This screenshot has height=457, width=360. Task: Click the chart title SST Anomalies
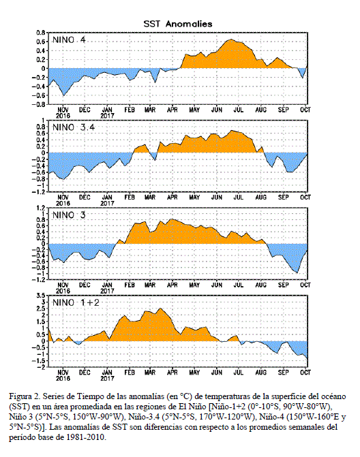pos(178,24)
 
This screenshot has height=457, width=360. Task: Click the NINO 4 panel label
pos(69,40)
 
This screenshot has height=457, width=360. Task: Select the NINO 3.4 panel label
pos(74,127)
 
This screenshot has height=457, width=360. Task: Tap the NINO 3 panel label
pos(69,215)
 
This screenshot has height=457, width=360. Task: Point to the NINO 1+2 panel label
pos(76,302)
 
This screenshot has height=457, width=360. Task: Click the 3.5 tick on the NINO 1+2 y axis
pos(41,295)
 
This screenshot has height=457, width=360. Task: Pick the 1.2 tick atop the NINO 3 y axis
pos(41,208)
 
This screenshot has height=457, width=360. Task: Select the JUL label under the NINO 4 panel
pos(239,110)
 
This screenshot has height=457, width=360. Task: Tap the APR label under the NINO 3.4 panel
pos(172,198)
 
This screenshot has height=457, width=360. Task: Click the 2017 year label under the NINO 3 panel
pos(107,291)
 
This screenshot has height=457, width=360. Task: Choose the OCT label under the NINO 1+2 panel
pos(305,373)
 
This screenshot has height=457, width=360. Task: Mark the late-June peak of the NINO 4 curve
pos(231,39)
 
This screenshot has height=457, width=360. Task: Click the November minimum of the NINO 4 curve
pos(63,95)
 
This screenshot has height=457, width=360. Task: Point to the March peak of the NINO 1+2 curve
pos(160,308)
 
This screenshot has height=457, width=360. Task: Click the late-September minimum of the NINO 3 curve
pos(297,273)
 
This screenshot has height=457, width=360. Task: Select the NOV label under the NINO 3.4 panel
pos(63,198)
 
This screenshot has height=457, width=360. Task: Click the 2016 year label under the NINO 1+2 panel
pos(63,378)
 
